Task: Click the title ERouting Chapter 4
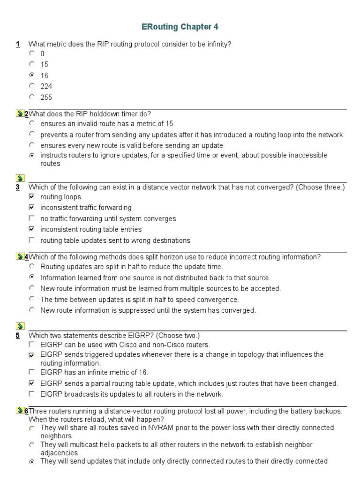click(180, 27)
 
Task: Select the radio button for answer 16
click(31, 75)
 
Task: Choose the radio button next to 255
click(31, 97)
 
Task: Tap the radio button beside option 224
click(31, 86)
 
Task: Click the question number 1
click(17, 45)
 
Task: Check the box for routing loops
click(31, 197)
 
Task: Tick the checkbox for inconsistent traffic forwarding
click(31, 207)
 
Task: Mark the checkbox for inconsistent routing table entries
click(31, 229)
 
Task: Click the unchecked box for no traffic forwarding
click(31, 218)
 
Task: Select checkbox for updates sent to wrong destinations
click(31, 240)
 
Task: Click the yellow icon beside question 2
click(19, 114)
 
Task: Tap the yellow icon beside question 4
click(19, 257)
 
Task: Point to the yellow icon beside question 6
click(19, 411)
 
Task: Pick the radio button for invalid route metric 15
click(31, 123)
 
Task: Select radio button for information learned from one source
click(31, 277)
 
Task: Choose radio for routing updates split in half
click(31, 266)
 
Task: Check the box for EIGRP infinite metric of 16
click(31, 372)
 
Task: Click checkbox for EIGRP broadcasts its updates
click(31, 394)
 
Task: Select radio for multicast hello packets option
click(31, 444)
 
